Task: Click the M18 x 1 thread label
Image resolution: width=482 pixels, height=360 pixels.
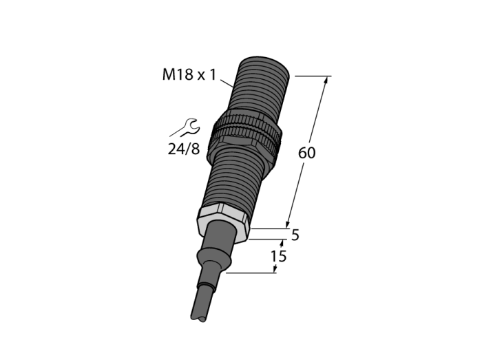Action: (x=189, y=74)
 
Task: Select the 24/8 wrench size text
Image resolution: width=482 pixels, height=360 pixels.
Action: (x=184, y=149)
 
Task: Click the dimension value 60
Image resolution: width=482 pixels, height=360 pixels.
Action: (x=307, y=153)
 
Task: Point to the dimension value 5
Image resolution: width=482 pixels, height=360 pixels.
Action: (x=295, y=235)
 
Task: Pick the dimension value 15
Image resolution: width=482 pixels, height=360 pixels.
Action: (x=278, y=256)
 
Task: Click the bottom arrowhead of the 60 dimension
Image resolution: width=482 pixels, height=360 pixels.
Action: (x=288, y=224)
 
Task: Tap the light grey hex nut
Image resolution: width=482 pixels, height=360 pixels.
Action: (x=223, y=222)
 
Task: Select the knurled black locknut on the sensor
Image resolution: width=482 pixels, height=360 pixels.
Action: (x=245, y=134)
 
